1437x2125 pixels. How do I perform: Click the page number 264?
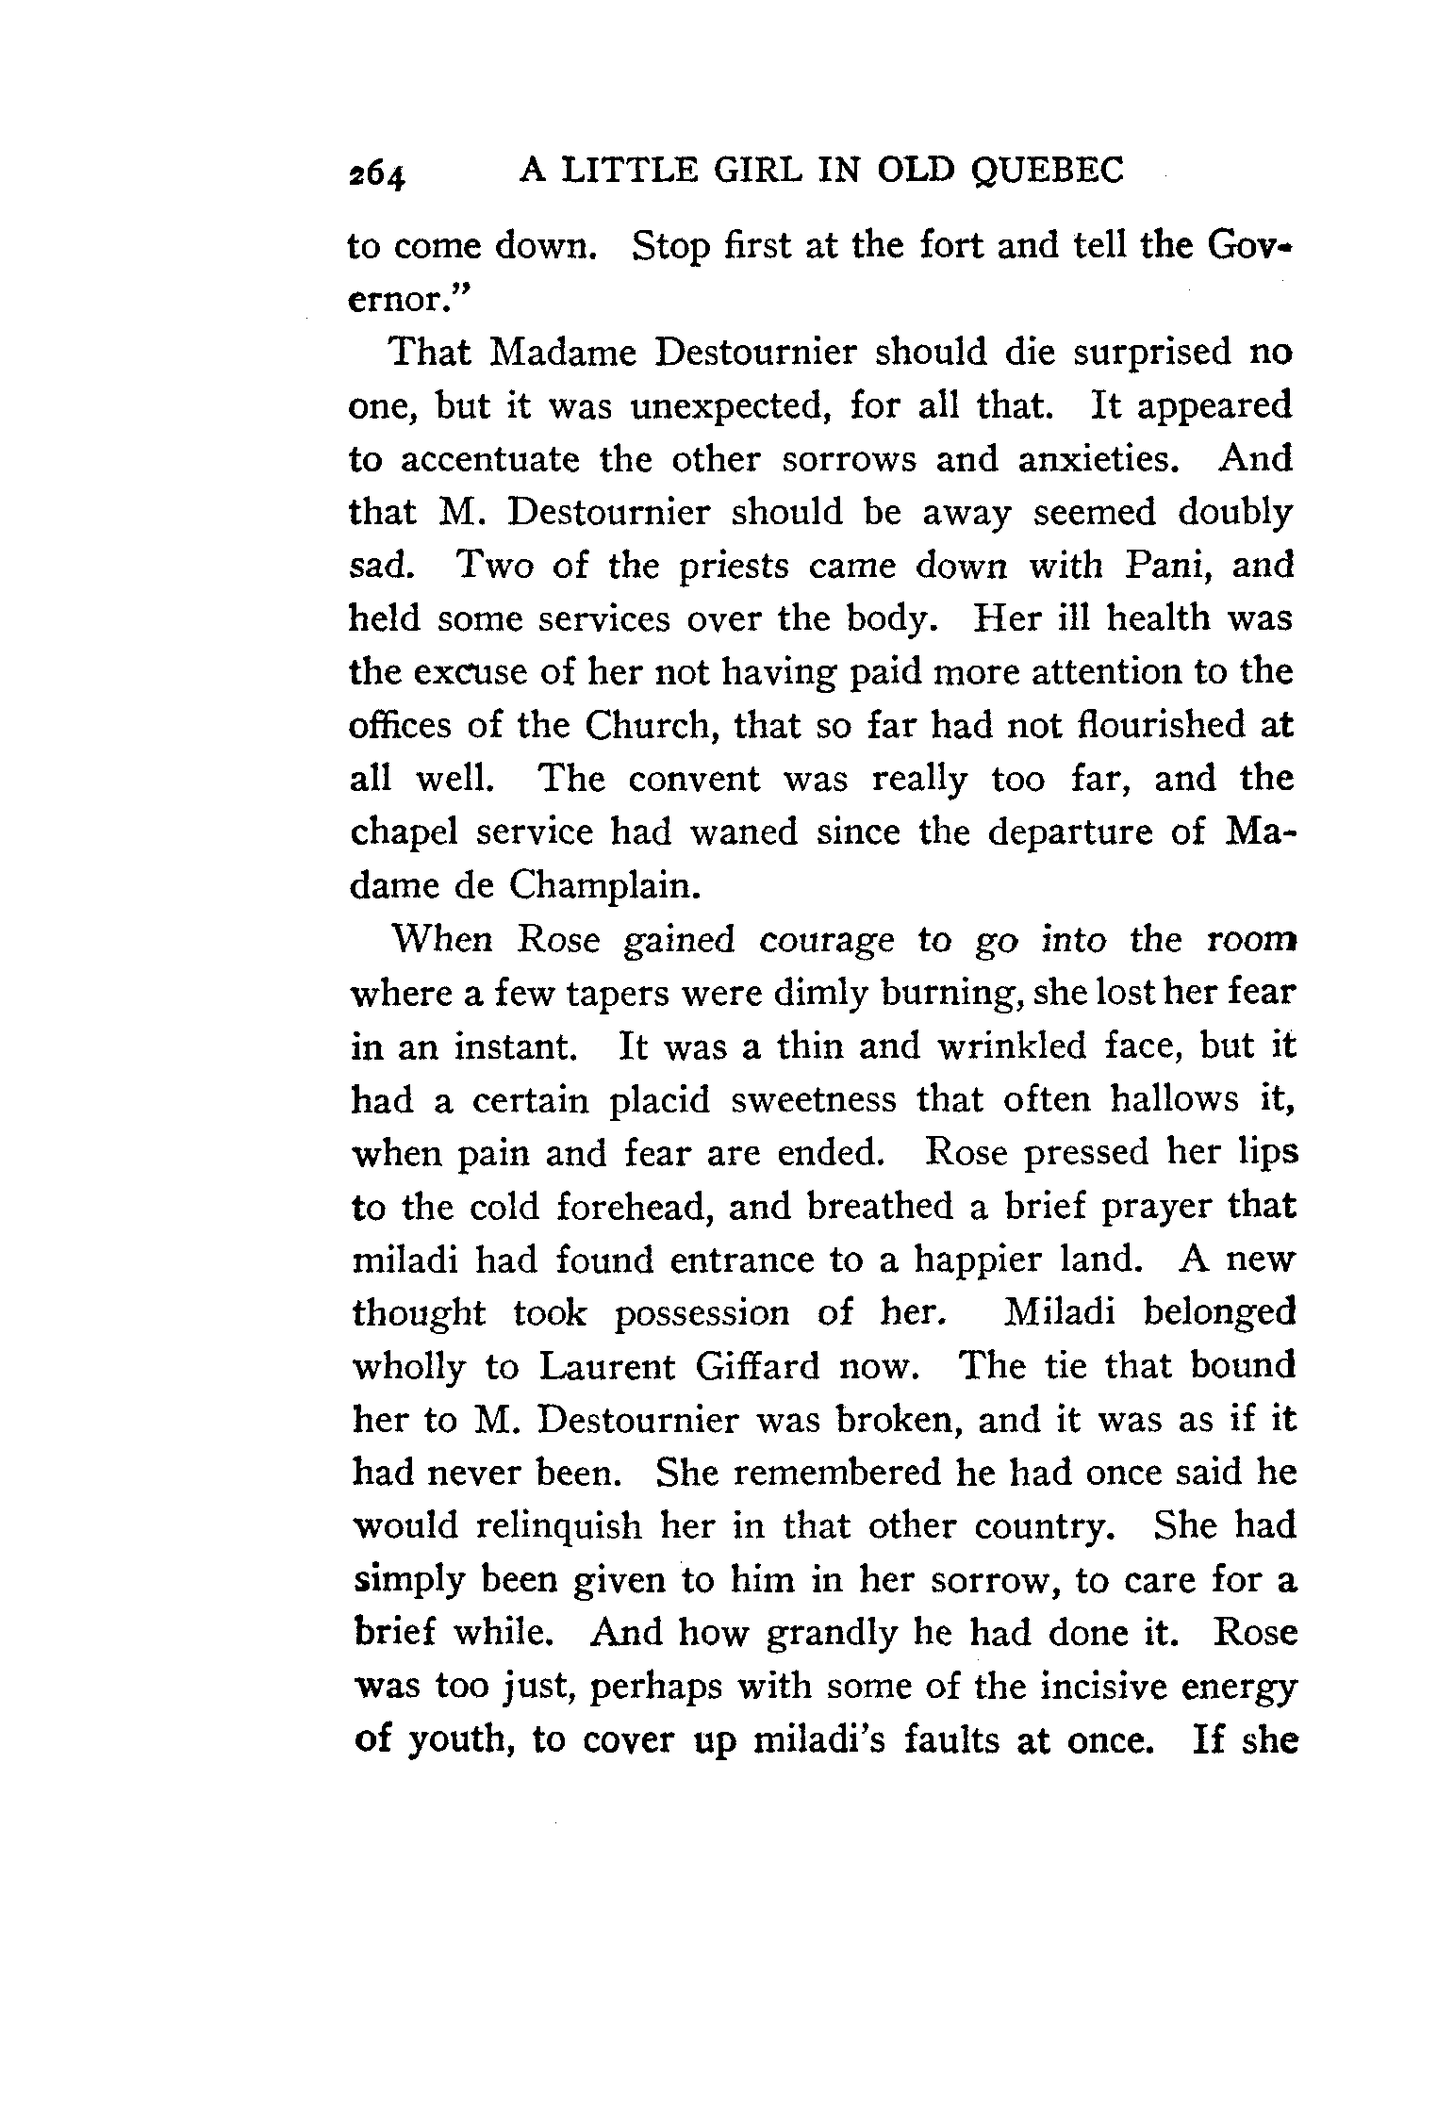(x=376, y=174)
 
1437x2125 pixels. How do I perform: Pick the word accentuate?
(x=500, y=460)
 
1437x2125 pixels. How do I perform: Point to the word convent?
(x=693, y=779)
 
